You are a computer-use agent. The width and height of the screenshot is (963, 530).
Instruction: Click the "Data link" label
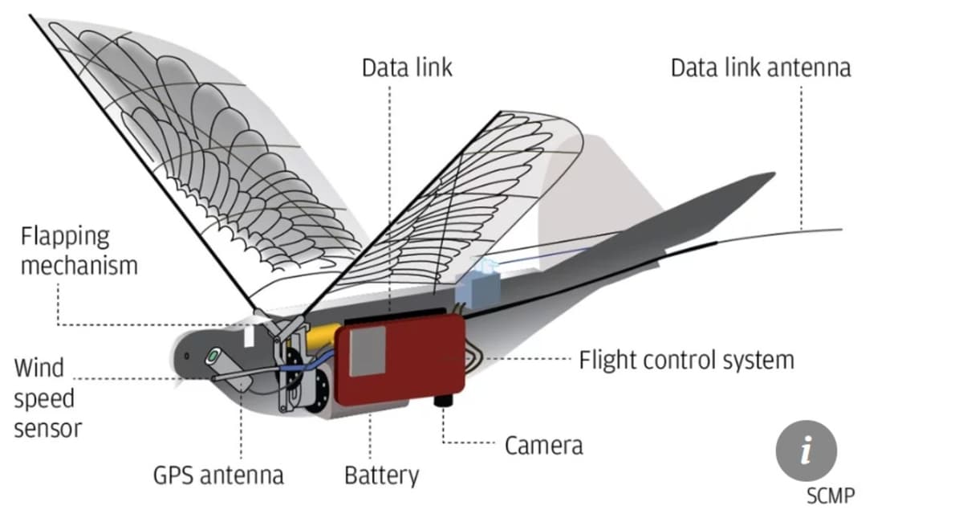tap(407, 67)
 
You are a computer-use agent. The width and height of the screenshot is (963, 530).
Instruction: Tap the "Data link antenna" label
tap(760, 67)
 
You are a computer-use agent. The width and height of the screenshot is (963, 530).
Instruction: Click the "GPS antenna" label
tap(218, 475)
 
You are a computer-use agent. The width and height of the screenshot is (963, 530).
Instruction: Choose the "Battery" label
tap(381, 475)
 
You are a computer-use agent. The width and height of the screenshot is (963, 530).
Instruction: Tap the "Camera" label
tap(543, 445)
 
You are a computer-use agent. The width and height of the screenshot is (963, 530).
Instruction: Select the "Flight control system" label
tap(686, 360)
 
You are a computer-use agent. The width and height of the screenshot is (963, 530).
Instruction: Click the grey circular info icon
tap(806, 450)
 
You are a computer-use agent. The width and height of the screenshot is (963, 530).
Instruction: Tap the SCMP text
tap(830, 495)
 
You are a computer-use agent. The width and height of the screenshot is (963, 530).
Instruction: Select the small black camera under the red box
tap(444, 399)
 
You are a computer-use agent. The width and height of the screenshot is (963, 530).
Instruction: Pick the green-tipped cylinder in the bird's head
tap(215, 355)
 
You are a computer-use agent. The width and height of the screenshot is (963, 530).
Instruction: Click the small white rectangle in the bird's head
tap(249, 334)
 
